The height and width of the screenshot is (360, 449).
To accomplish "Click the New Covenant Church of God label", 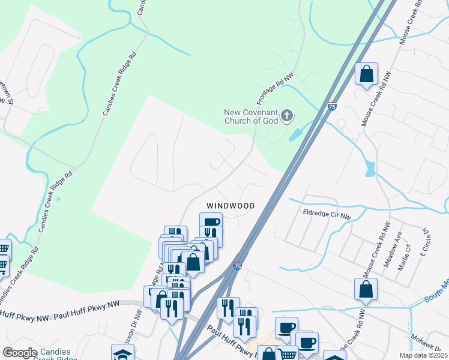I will click(252, 116).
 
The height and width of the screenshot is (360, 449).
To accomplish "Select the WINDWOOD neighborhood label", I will click(231, 205).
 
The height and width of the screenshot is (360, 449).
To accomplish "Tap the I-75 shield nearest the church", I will click(332, 107).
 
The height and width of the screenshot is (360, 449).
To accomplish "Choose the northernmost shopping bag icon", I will click(366, 74).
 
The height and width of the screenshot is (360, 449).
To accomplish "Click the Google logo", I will click(20, 353).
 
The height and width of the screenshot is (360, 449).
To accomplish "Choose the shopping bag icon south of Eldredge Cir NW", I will click(366, 290).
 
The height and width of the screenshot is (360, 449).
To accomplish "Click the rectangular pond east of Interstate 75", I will click(370, 169).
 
